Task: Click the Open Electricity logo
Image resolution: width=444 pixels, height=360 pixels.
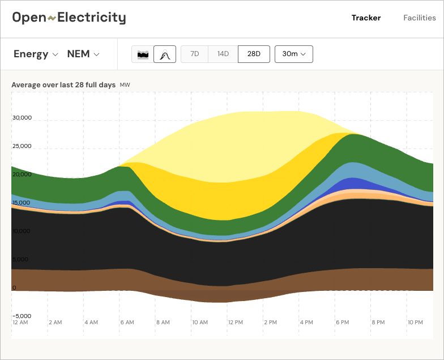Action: tap(69, 18)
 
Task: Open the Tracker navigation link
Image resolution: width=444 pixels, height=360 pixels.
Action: tap(366, 18)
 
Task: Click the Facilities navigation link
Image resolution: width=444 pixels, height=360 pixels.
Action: tap(419, 18)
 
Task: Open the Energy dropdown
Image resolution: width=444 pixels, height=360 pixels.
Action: tap(36, 54)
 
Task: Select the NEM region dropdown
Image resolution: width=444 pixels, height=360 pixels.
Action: tap(83, 54)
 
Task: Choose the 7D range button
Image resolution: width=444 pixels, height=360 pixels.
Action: tap(194, 54)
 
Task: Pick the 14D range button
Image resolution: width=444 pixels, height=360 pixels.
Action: tap(223, 54)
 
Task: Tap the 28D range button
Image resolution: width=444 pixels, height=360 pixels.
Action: tap(254, 54)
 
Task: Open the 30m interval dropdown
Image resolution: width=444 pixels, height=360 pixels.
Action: tap(293, 54)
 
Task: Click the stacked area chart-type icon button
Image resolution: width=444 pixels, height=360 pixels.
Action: tap(143, 54)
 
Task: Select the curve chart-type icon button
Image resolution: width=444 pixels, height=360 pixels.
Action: tap(165, 54)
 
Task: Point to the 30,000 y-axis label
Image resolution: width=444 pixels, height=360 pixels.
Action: tap(22, 118)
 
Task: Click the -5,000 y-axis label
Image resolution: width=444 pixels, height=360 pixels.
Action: tap(22, 316)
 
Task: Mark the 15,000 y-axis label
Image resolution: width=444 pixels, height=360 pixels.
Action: tap(22, 202)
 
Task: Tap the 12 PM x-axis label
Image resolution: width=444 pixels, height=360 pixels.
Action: tap(234, 322)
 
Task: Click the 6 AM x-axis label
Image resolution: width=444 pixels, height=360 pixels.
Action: tap(127, 322)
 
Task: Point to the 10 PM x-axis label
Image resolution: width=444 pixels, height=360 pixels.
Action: tap(415, 322)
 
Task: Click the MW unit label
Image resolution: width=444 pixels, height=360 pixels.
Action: tap(125, 85)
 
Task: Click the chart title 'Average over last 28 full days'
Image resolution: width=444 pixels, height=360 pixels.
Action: tap(63, 84)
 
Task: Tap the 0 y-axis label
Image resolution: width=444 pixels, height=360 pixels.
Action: tap(15, 287)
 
